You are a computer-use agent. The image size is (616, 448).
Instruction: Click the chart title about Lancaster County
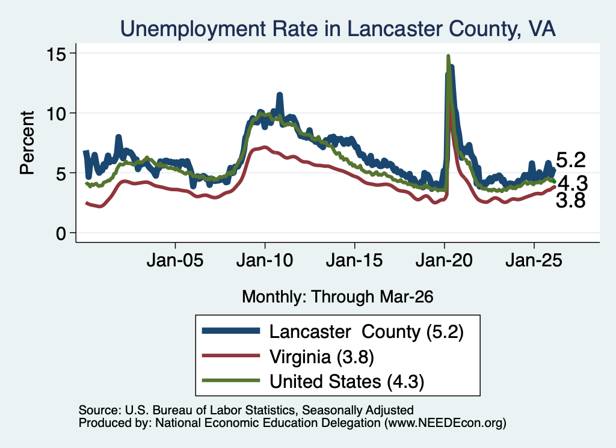click(x=338, y=29)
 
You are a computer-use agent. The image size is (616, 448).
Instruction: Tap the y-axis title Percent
click(x=27, y=143)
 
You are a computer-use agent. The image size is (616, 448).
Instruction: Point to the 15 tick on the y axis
click(x=56, y=54)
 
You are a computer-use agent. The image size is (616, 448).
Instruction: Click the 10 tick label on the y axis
click(x=56, y=114)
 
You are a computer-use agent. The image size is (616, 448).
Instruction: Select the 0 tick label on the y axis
click(x=61, y=233)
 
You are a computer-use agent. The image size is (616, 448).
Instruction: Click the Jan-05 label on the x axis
click(x=175, y=260)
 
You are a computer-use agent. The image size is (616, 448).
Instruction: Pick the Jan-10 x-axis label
click(x=265, y=260)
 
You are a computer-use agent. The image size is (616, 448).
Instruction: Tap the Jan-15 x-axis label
click(x=354, y=260)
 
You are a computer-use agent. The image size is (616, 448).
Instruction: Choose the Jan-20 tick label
click(x=444, y=260)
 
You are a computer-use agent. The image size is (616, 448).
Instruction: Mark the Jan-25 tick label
click(x=534, y=260)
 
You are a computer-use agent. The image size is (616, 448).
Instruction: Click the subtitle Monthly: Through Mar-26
click(x=337, y=297)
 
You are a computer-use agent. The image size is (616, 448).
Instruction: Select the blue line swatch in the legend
click(x=231, y=331)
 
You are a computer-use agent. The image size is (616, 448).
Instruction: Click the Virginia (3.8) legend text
click(x=321, y=357)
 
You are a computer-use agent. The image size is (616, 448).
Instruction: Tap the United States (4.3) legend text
click(x=347, y=382)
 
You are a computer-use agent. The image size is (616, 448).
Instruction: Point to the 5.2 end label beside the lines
click(x=571, y=160)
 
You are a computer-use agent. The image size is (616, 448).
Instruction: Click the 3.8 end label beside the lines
click(x=571, y=201)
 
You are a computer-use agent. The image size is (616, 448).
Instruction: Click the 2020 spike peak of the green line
click(x=448, y=57)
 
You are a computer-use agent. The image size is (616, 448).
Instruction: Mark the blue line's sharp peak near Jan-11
click(x=280, y=94)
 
